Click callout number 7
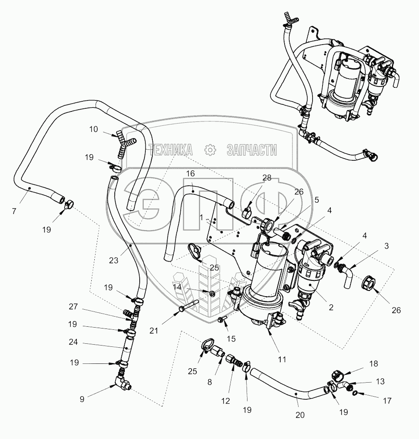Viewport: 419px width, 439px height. click(x=14, y=211)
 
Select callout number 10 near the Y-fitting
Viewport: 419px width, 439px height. click(x=93, y=129)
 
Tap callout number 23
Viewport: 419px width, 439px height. click(x=113, y=261)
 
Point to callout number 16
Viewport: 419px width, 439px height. click(x=190, y=173)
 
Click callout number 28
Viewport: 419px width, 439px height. click(x=267, y=178)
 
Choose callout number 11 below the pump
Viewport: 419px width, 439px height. click(x=282, y=359)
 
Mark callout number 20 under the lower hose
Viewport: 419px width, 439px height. click(x=300, y=415)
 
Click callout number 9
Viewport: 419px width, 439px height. click(x=82, y=399)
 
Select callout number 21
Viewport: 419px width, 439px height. click(x=154, y=331)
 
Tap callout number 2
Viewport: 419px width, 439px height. click(x=331, y=308)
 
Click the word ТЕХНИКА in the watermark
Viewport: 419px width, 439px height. click(x=171, y=150)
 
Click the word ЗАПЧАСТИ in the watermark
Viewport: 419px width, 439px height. click(x=252, y=150)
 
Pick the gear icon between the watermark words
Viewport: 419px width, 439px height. click(x=210, y=150)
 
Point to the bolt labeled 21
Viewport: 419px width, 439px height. click(x=189, y=305)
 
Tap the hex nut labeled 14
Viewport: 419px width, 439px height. click(x=212, y=294)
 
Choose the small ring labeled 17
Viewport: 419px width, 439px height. click(x=355, y=394)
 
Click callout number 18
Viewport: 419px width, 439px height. click(x=374, y=364)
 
